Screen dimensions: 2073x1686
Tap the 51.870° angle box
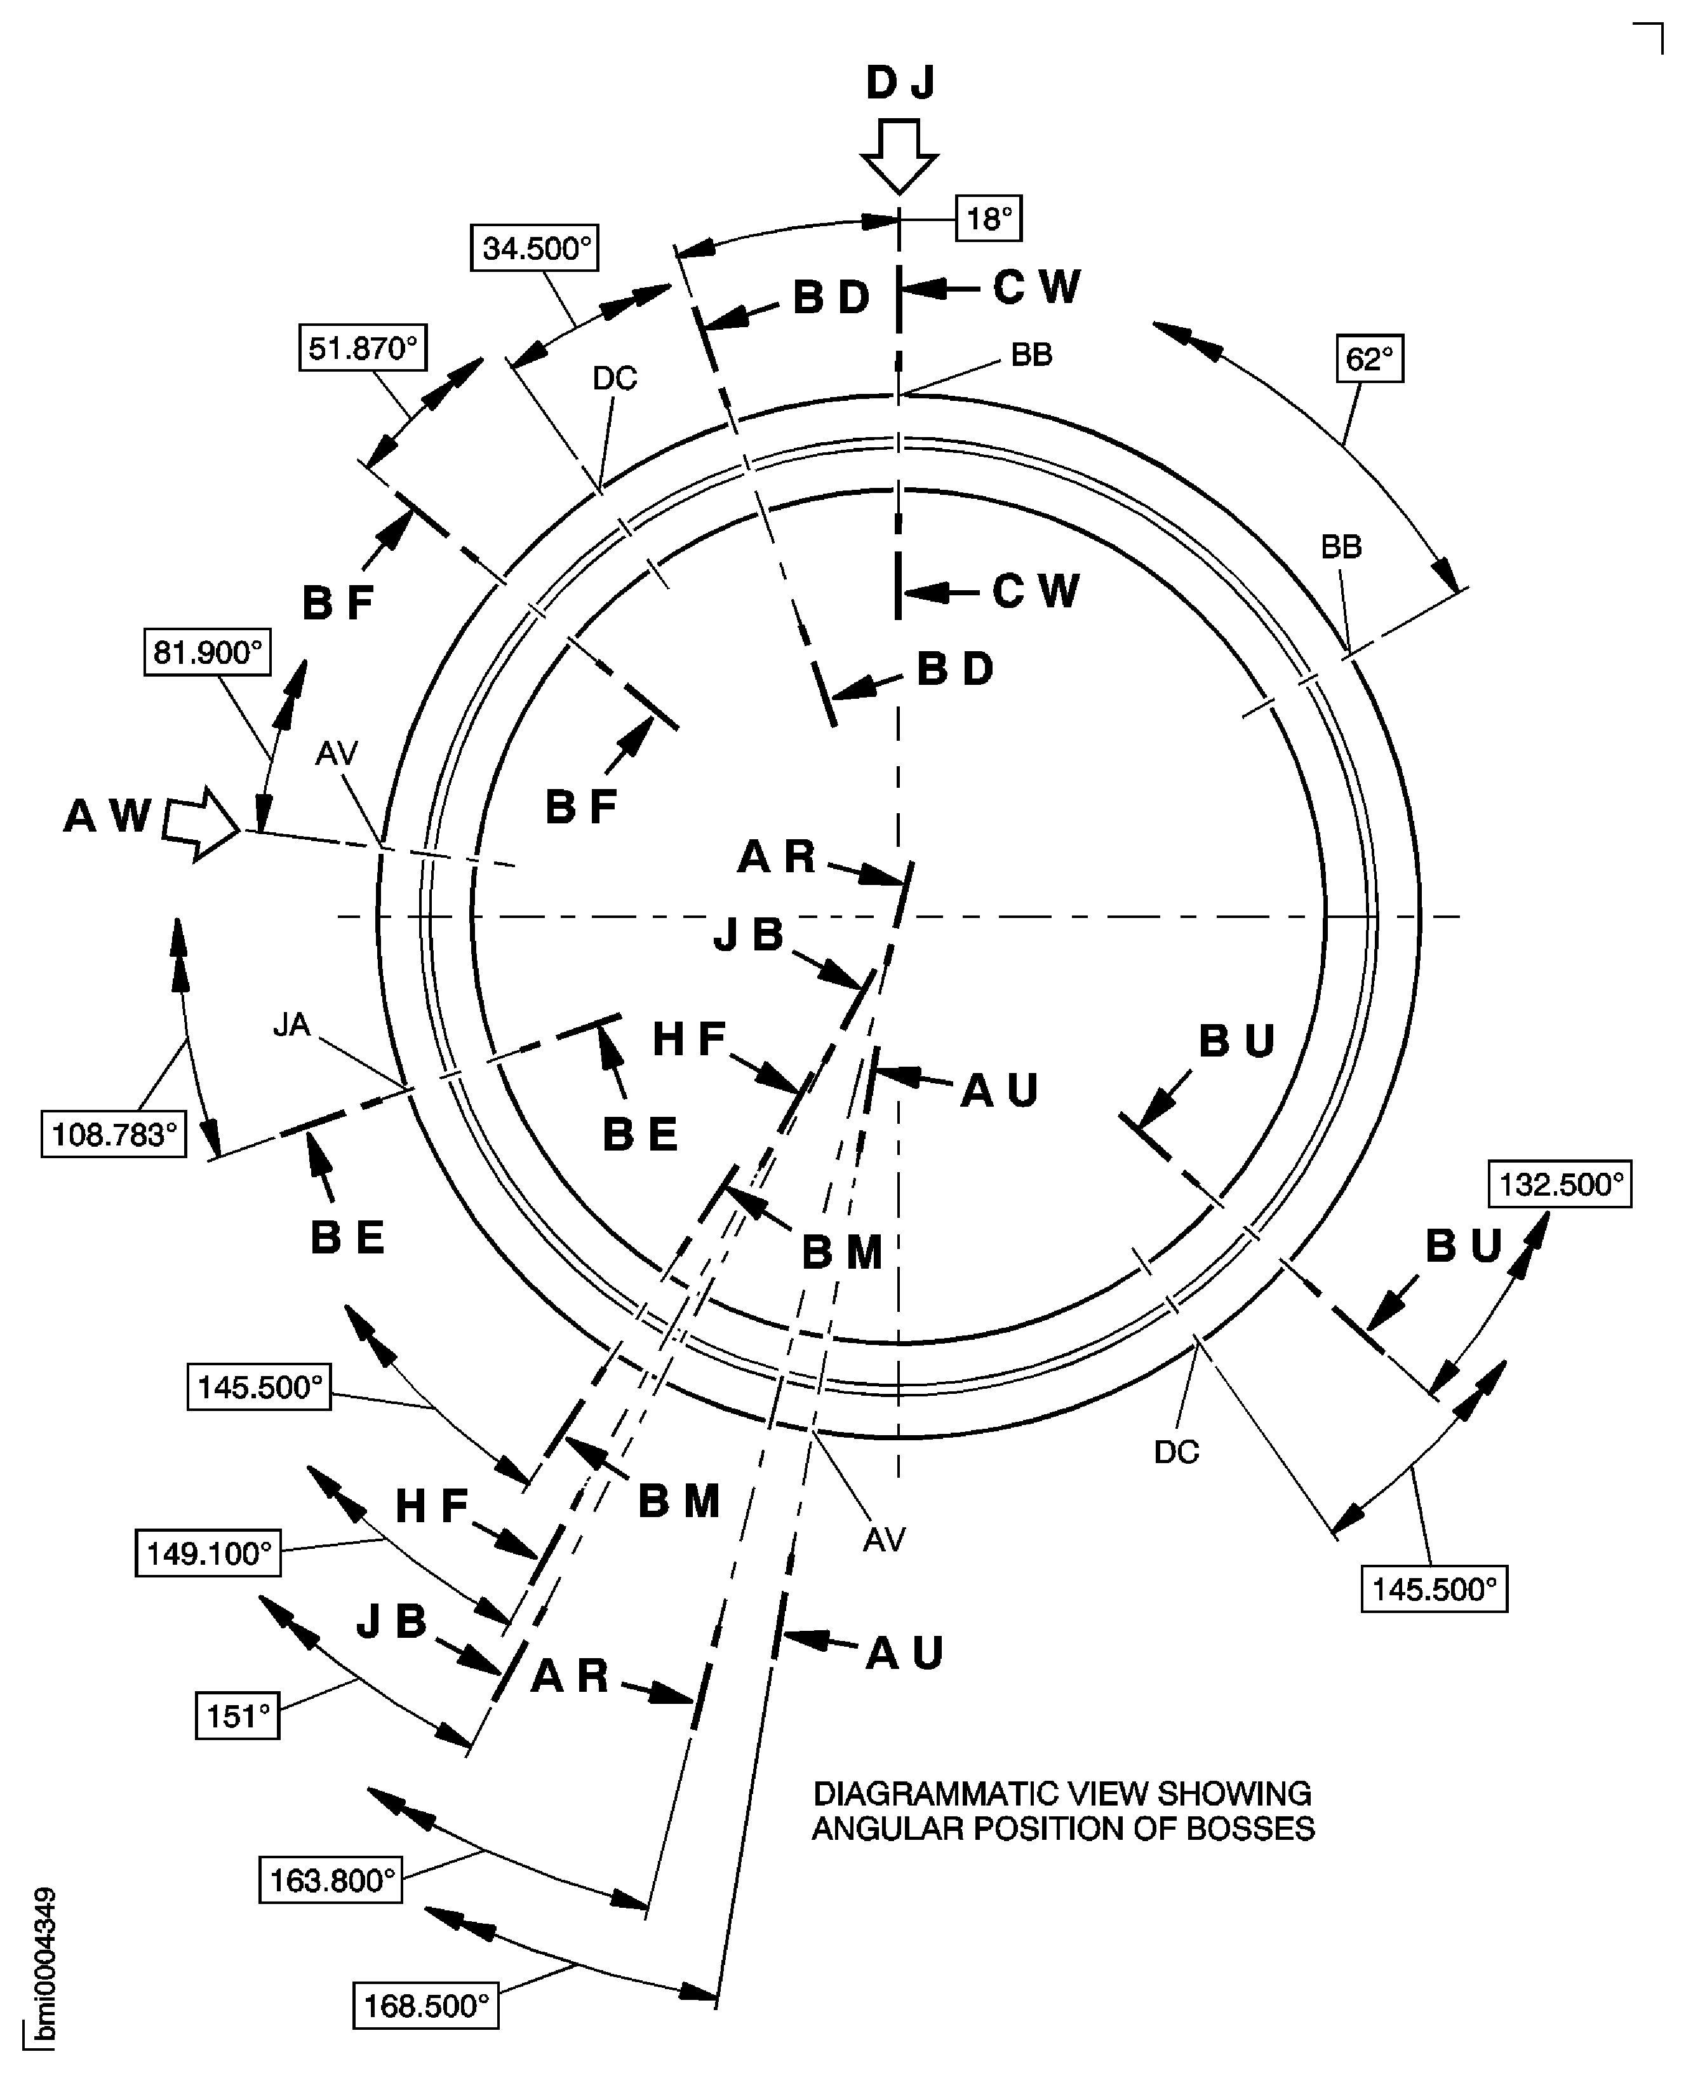362,348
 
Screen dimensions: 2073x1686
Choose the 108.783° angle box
114,1133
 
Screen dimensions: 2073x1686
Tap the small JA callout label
291,1025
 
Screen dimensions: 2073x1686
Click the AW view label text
108,816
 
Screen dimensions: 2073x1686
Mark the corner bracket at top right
1648,37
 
